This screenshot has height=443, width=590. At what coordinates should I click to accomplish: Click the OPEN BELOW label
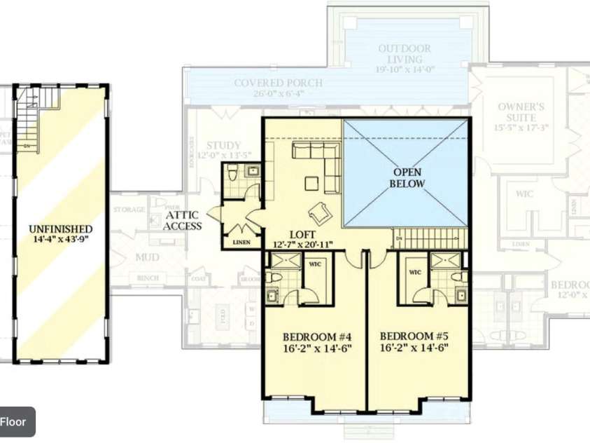coord(409,178)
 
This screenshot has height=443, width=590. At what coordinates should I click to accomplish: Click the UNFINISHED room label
coord(60,229)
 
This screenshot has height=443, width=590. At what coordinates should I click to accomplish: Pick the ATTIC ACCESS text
coord(183,220)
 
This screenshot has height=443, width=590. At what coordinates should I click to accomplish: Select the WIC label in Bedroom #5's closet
coord(414,272)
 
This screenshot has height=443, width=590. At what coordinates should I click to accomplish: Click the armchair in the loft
coord(319,210)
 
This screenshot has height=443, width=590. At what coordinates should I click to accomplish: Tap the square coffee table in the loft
coord(311,184)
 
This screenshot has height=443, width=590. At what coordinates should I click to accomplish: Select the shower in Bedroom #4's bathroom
coord(285,262)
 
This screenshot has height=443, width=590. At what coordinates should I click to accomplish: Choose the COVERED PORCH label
coord(278,83)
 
